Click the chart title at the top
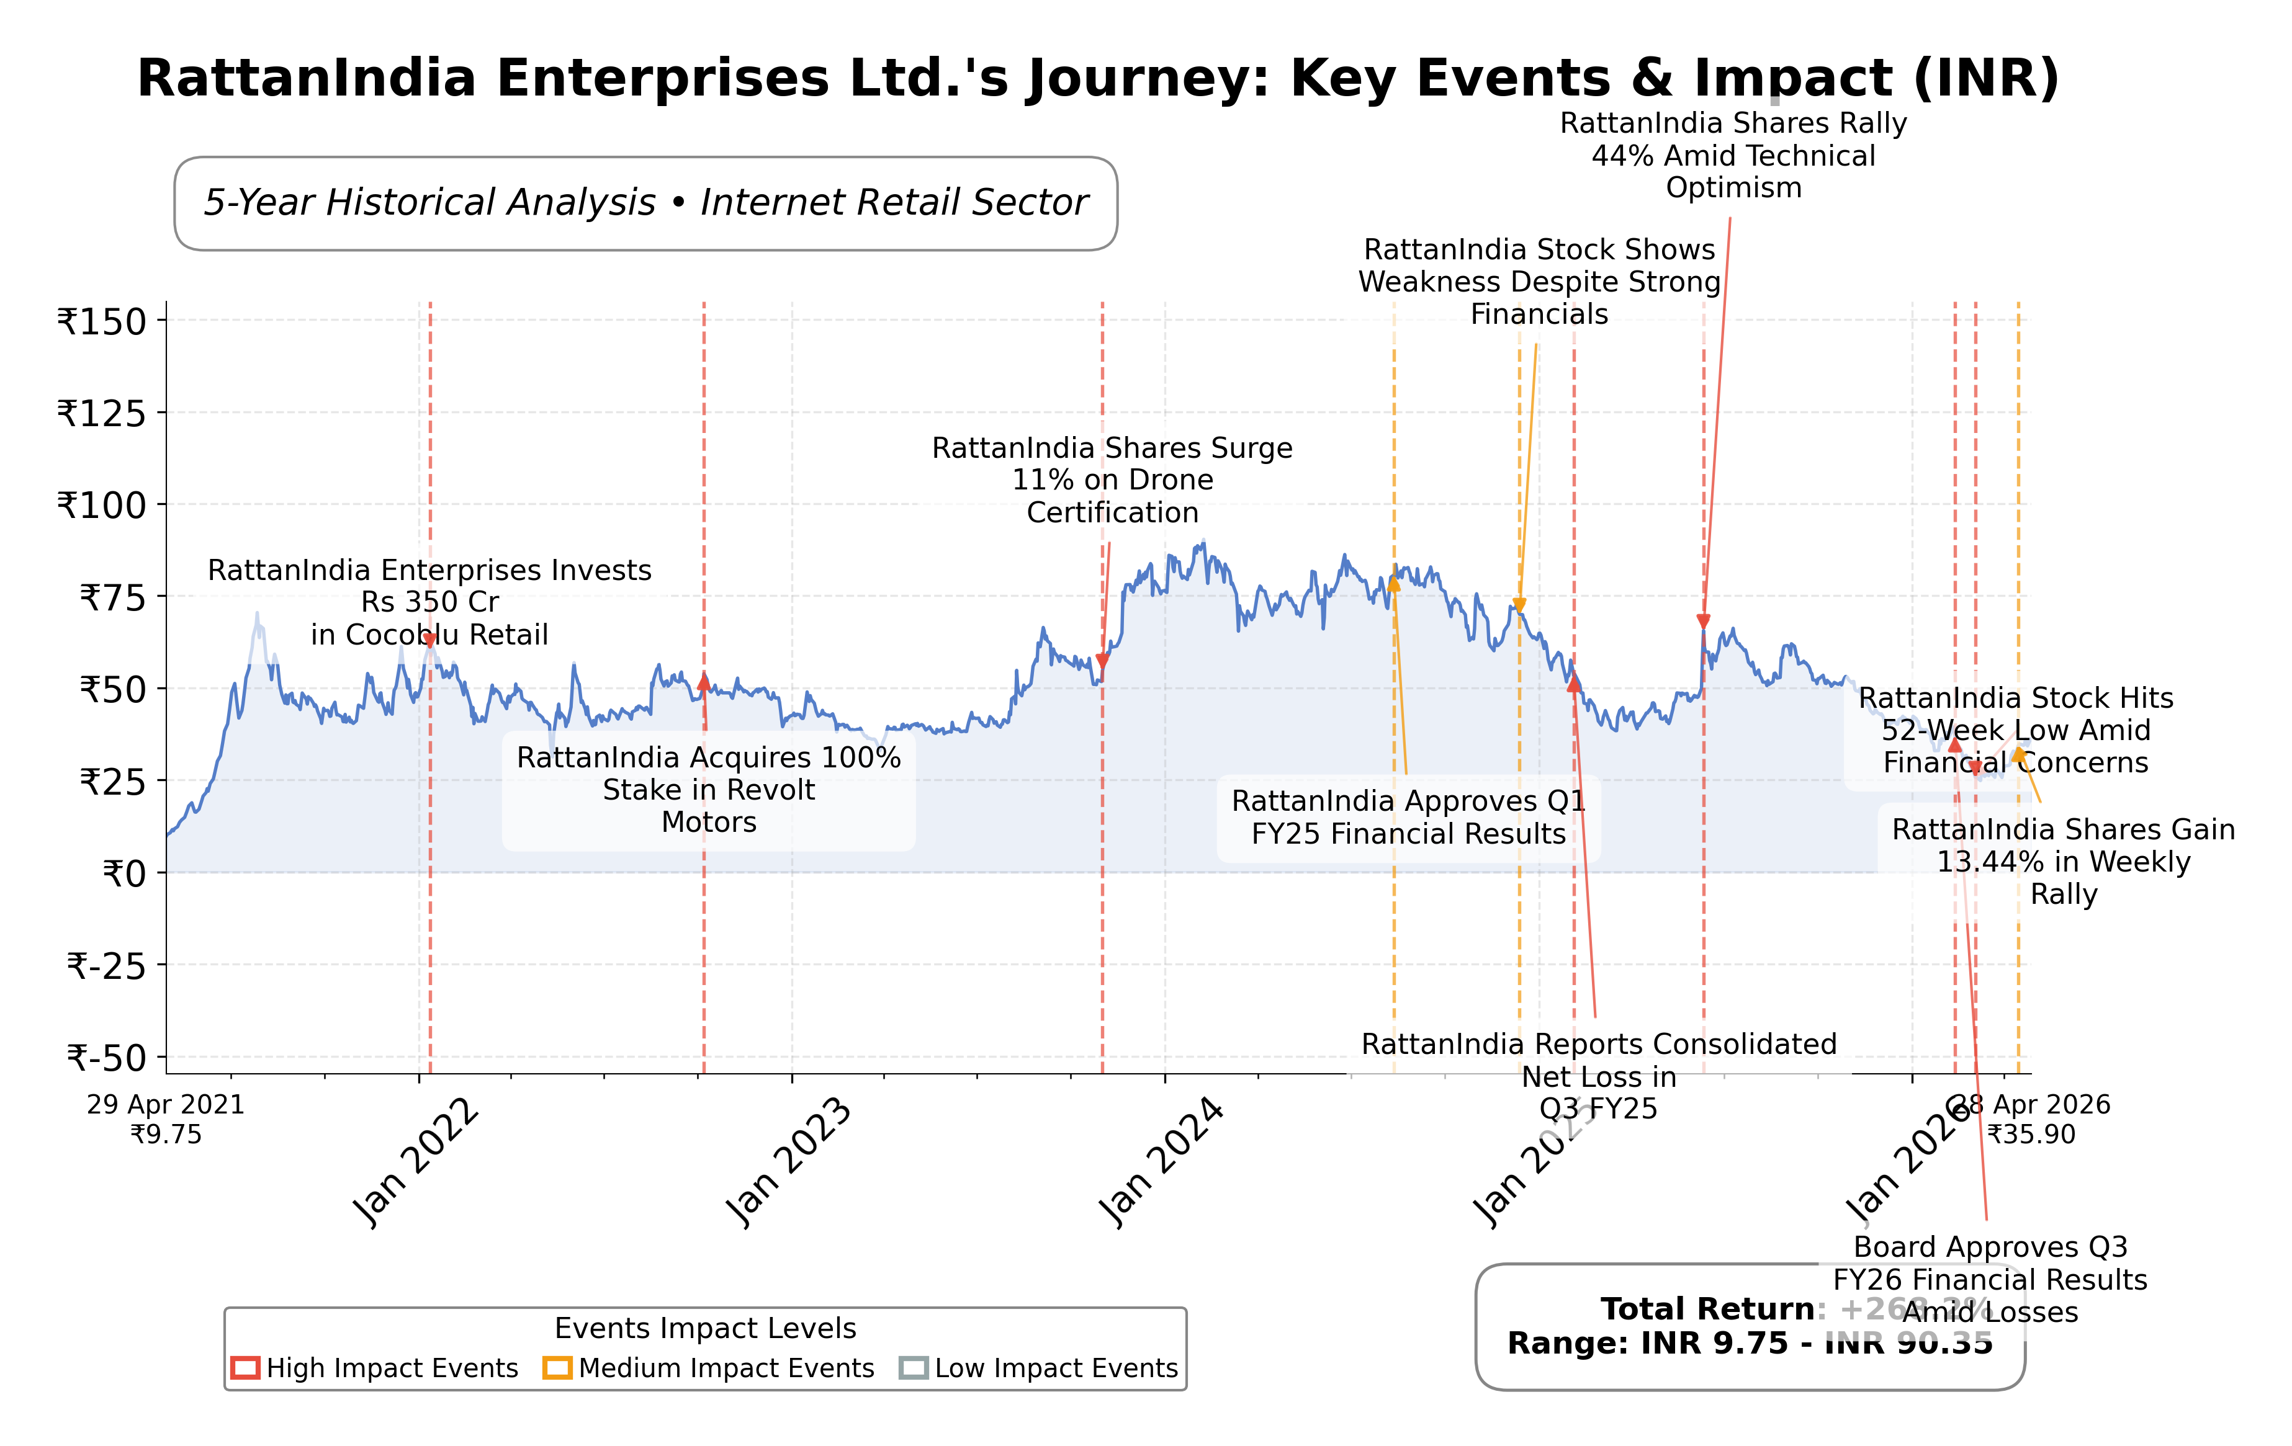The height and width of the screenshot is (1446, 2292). pos(1097,78)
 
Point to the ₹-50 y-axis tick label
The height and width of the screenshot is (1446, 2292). pos(107,1057)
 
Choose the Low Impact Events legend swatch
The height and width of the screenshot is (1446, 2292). pos(913,1368)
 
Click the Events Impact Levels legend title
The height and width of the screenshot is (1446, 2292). pos(705,1328)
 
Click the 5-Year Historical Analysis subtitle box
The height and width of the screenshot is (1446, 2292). pos(645,203)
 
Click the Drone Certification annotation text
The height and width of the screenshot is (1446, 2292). pos(1112,480)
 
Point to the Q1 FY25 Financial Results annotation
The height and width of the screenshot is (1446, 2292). pos(1408,817)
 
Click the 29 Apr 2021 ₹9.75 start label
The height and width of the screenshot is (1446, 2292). pos(166,1118)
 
